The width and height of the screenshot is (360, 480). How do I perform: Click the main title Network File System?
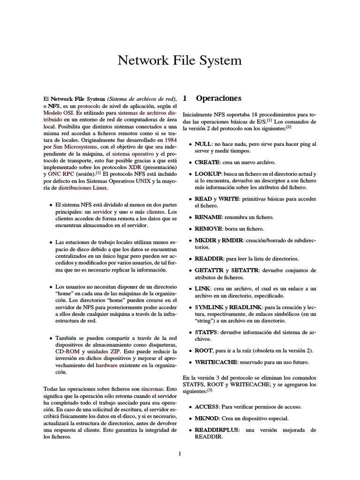point(180,60)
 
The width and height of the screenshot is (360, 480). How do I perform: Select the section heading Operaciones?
point(219,98)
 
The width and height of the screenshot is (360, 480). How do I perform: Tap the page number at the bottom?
point(180,453)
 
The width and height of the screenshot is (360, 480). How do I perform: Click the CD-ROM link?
point(67,351)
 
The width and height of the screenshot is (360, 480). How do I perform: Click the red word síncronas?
point(152,389)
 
